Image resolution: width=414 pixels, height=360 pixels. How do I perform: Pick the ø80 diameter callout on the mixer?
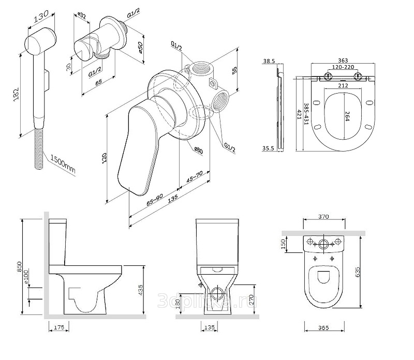pos(199,150)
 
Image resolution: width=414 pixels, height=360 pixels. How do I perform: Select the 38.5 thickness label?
pos(268,61)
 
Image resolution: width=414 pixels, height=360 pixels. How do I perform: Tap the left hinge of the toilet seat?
pos(327,77)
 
